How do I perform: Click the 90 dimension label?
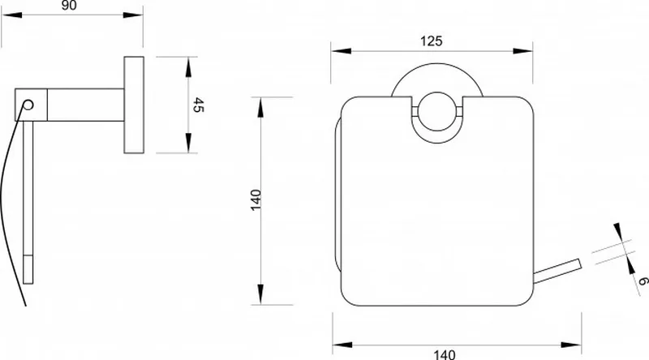click(69, 6)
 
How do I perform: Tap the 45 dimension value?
click(199, 105)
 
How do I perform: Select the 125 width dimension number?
click(432, 41)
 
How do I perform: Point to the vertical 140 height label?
click(256, 199)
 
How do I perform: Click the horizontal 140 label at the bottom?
click(445, 354)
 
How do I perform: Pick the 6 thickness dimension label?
click(643, 281)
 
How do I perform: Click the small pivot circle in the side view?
click(28, 105)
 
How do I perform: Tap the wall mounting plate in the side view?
click(134, 105)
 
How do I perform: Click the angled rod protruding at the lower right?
click(557, 271)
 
